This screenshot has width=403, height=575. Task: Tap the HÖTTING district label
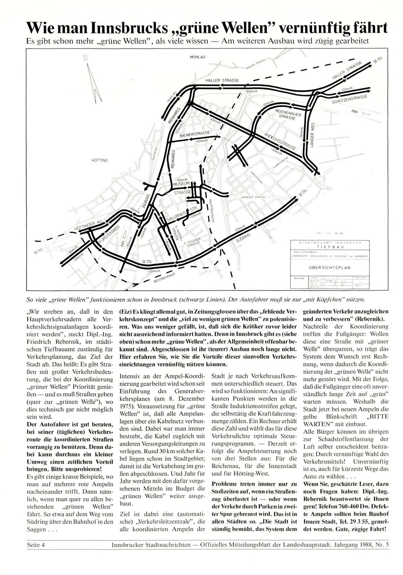[x=99, y=160]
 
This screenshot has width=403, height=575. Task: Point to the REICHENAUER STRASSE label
[x=288, y=114]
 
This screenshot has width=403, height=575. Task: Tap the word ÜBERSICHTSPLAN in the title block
[x=329, y=268]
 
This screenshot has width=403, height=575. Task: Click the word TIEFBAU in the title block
[x=330, y=246]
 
